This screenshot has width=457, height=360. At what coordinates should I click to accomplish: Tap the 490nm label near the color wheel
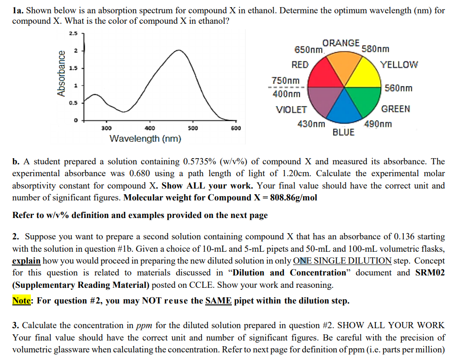click(x=378, y=124)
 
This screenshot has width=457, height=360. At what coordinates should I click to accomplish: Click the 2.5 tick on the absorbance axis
click(x=73, y=34)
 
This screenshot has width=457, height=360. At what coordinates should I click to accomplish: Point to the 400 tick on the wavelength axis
click(x=149, y=128)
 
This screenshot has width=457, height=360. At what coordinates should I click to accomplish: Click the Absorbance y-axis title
click(x=61, y=73)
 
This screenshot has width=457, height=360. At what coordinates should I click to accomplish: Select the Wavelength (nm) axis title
click(x=145, y=139)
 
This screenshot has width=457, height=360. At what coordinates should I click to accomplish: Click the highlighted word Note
click(x=21, y=301)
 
